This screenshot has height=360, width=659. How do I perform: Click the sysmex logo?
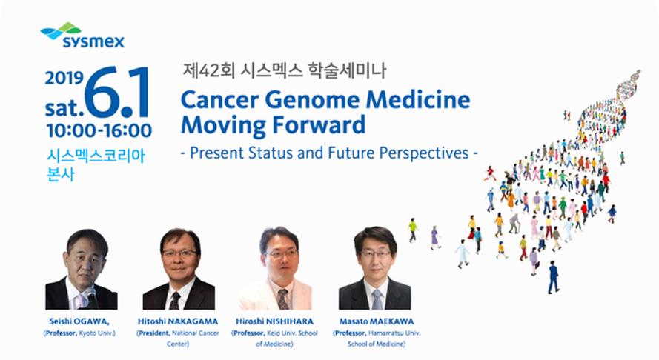82,36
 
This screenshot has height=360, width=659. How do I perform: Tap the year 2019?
64,79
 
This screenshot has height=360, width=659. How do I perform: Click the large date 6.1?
117,92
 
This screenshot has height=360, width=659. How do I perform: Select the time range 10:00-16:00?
99,130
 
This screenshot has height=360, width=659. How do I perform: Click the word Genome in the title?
312,100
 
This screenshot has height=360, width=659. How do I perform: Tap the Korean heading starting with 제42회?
285,70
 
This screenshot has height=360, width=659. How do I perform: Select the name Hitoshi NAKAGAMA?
178,321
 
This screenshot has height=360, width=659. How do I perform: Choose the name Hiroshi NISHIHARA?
274,321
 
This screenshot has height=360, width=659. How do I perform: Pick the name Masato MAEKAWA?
377,321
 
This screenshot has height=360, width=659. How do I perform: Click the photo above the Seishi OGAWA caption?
81,269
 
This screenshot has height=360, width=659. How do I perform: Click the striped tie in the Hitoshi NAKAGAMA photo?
175,301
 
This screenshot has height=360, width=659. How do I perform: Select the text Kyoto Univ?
96,333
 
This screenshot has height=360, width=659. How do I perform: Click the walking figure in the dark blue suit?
554,277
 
